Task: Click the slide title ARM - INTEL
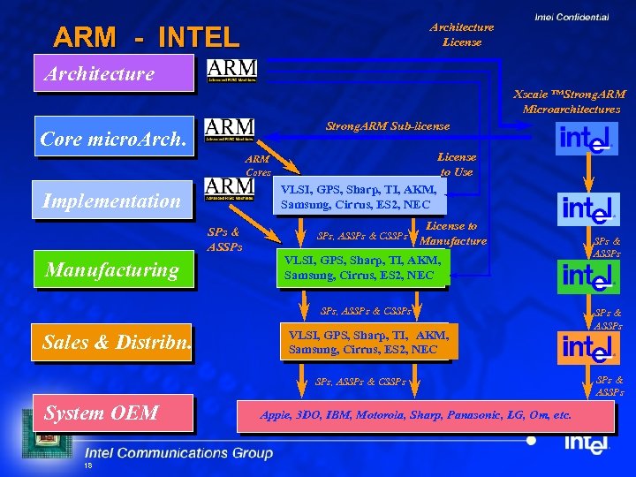[146, 37]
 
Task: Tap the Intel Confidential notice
[572, 17]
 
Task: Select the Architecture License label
[461, 34]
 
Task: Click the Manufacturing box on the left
[113, 269]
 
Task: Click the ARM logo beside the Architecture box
[231, 71]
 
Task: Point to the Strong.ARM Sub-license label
[388, 126]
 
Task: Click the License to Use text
[457, 164]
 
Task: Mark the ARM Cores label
[258, 166]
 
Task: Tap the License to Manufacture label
[452, 234]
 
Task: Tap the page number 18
[87, 466]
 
